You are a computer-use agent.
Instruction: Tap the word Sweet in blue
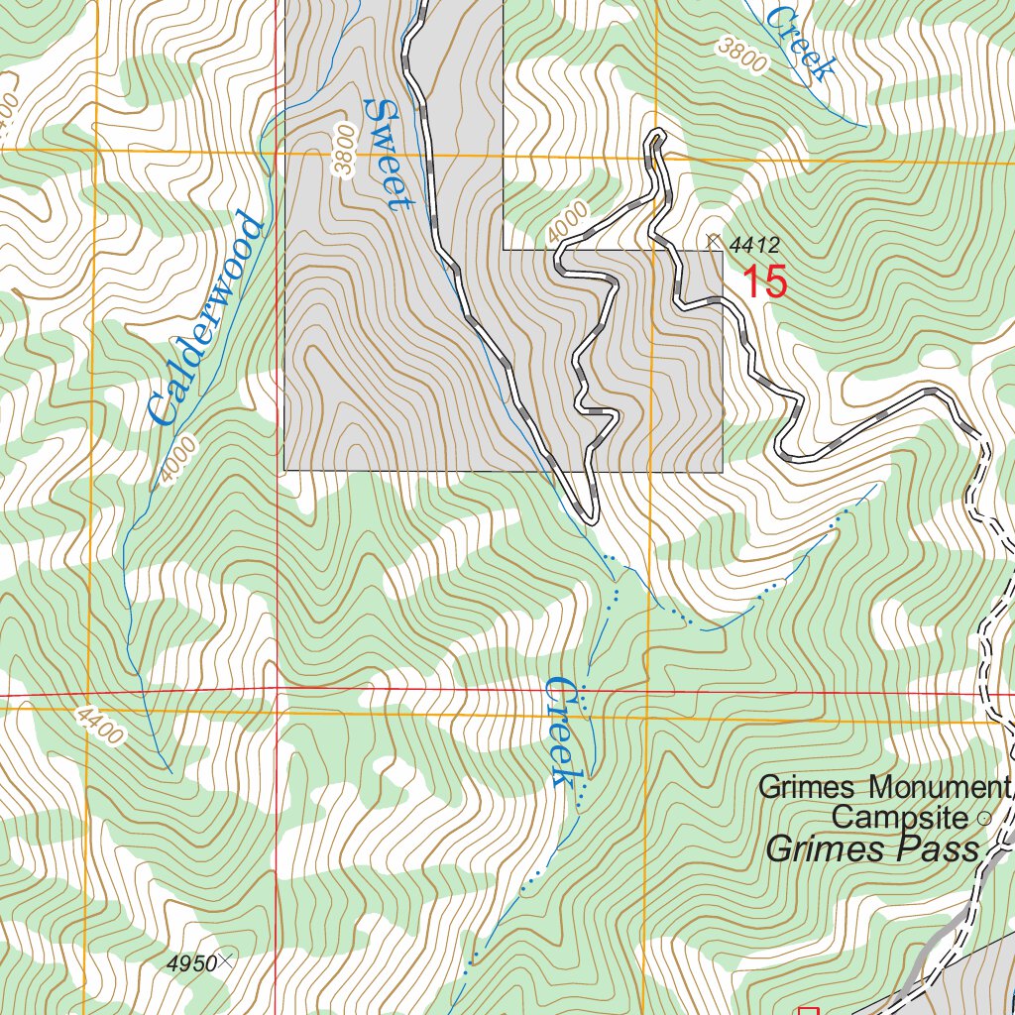(386, 154)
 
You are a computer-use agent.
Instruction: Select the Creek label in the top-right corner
(802, 41)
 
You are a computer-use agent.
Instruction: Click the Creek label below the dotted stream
(562, 732)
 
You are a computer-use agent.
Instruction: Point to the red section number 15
(764, 282)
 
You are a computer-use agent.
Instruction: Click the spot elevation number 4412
(754, 245)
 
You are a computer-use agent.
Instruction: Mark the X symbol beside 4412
(713, 240)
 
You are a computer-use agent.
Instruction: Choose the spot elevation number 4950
(191, 962)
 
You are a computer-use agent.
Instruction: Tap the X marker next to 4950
(227, 959)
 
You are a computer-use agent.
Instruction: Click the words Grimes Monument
(882, 788)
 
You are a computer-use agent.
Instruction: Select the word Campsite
(898, 818)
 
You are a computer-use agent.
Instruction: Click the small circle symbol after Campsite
(983, 819)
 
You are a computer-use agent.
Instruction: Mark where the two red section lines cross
(277, 691)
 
